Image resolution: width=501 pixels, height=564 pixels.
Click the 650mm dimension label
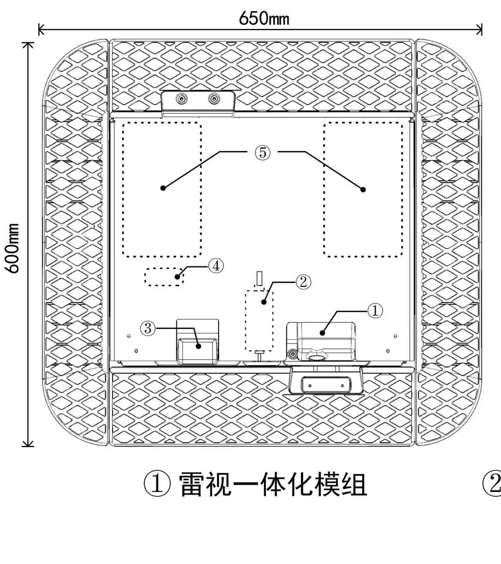tap(264, 18)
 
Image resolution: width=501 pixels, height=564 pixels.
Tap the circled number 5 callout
tap(263, 152)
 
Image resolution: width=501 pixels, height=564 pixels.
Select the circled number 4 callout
tap(216, 266)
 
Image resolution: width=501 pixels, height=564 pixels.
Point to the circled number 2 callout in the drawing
tap(303, 282)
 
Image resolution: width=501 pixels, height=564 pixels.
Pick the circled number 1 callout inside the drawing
tap(375, 311)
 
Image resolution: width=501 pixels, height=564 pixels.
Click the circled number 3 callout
tap(148, 328)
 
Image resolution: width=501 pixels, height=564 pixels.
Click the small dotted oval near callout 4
tap(164, 277)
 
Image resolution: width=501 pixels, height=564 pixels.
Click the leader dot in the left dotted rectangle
tap(163, 188)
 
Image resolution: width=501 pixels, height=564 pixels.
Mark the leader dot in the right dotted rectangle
tap(363, 190)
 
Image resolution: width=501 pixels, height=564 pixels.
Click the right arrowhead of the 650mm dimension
tap(479, 29)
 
